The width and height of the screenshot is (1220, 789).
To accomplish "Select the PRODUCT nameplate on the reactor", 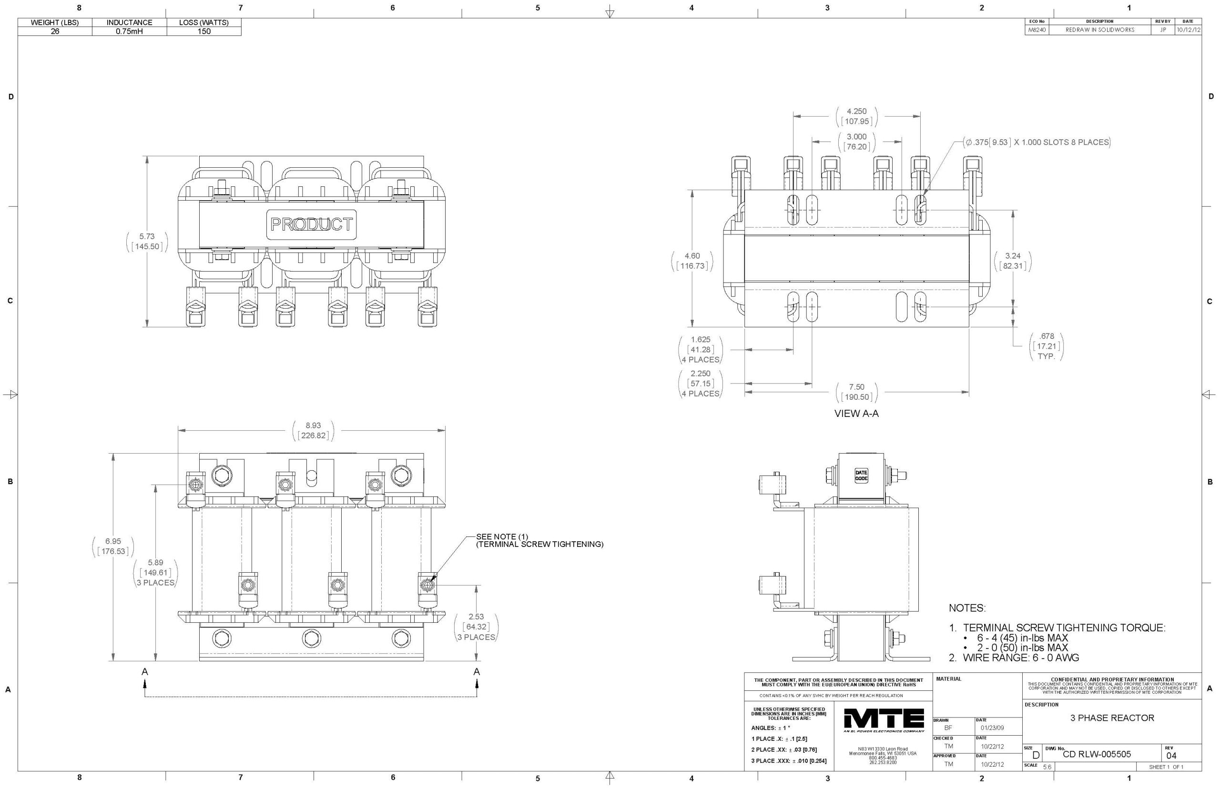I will pos(311,224).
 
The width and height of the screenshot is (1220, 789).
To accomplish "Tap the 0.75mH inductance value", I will pos(129,31).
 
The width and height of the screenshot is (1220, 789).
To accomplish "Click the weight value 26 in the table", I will pos(55,31).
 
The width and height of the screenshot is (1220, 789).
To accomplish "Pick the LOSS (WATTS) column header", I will pos(204,22).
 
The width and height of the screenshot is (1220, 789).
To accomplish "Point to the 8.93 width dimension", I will pos(313,430).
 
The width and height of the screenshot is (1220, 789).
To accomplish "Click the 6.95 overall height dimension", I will pos(113,546).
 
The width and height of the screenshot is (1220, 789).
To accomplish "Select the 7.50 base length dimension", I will pos(856,392).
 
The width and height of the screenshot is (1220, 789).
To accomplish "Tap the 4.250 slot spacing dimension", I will pos(856,116).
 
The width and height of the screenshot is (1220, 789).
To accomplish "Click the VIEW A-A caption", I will pos(856,414).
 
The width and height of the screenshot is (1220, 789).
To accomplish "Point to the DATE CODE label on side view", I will pos(861,475).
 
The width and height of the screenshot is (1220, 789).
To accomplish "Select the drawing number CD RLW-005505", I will pos(1097,754).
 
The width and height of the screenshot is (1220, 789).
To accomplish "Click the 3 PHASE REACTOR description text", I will pos(1112,718).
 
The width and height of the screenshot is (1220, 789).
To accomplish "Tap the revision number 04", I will pos(1171,756).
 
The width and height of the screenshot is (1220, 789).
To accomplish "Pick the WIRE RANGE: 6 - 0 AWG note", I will pos(1014,658).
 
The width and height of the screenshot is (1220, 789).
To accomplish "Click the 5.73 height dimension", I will pos(147,241).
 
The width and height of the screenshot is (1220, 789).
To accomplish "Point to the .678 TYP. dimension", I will pos(1047,346).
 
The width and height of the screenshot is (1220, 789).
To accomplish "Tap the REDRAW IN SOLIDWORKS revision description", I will pos(1099,30).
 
